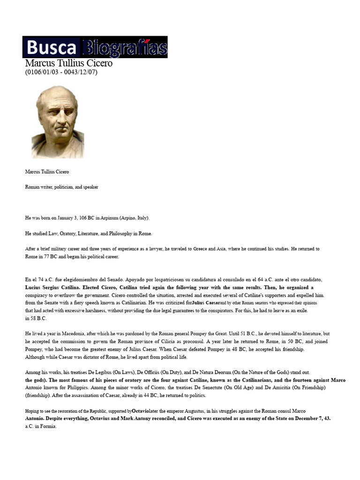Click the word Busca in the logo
(x=52, y=48)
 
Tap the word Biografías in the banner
(x=125, y=48)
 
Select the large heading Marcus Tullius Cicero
(x=68, y=63)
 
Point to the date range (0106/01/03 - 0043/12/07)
(x=61, y=72)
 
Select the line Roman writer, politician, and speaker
(x=61, y=187)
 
